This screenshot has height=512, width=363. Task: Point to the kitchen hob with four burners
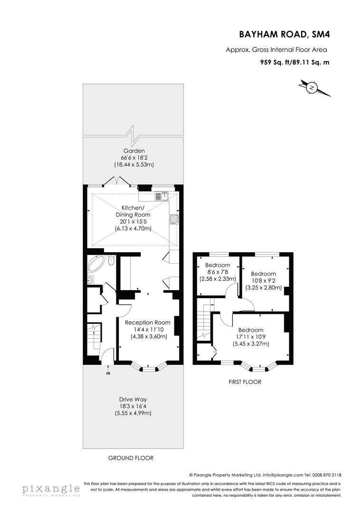tap(174, 219)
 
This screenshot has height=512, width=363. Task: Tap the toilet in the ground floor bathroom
tap(111, 261)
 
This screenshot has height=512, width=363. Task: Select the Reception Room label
tap(147, 322)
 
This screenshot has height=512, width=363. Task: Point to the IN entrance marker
tap(108, 373)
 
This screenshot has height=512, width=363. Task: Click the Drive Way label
tap(133, 399)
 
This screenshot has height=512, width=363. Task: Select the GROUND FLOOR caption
tap(131, 458)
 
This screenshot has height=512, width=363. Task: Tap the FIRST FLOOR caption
tap(245, 382)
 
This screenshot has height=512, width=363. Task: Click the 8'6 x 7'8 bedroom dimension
tap(218, 272)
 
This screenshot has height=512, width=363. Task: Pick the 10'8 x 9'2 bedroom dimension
tap(263, 281)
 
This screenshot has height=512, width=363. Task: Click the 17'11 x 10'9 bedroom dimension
tap(251, 337)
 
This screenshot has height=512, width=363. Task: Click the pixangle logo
tap(50, 489)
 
